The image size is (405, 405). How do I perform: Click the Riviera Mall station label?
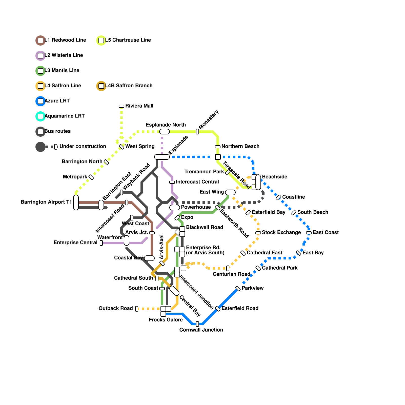[139, 106]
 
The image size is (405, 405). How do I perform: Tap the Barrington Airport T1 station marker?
[76, 202]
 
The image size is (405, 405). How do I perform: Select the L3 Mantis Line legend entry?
[62, 70]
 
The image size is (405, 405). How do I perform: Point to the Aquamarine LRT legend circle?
[40, 116]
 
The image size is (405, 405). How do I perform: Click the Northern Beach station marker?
[218, 147]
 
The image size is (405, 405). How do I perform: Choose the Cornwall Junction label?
[201, 330]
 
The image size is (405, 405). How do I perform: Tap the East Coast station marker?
[309, 233]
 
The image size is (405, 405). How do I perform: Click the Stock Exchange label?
[281, 232]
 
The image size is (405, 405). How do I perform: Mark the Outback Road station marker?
[137, 309]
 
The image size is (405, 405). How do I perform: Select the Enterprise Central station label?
[75, 242]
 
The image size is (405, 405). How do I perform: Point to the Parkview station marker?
[238, 289]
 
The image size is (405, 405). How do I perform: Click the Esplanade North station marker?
[165, 132]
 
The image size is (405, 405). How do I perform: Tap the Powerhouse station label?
[196, 207]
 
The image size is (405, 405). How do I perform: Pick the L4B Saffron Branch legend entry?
[129, 86]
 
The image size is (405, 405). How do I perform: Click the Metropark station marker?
[91, 177]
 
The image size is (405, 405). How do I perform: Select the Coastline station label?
[293, 197]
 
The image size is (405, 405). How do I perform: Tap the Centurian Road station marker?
[228, 268]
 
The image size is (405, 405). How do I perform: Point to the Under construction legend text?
[83, 146]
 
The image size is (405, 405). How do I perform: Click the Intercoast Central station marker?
[172, 182]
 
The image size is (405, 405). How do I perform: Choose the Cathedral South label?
[133, 278]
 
